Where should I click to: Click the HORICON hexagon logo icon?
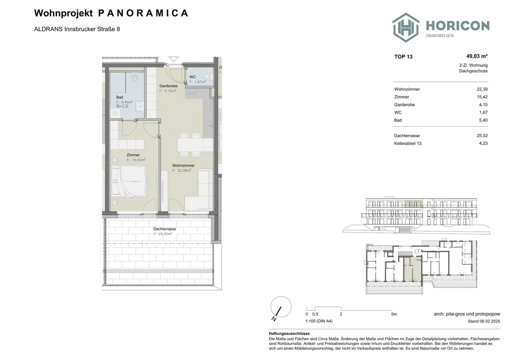pyautogui.click(x=406, y=28)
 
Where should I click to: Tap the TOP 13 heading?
pyautogui.click(x=403, y=57)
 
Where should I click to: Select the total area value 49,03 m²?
pyautogui.click(x=477, y=56)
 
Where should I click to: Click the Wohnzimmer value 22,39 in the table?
pyautogui.click(x=482, y=89)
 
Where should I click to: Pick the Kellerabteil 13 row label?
pyautogui.click(x=408, y=143)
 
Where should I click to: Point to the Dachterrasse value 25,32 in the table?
pyautogui.click(x=482, y=136)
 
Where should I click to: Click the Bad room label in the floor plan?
pyautogui.click(x=120, y=97)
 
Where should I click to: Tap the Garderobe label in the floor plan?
pyautogui.click(x=168, y=86)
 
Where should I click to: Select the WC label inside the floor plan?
pyautogui.click(x=193, y=77)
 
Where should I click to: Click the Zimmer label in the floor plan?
pyautogui.click(x=133, y=155)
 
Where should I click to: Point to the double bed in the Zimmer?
pyautogui.click(x=129, y=181)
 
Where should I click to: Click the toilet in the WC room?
pyautogui.click(x=208, y=76)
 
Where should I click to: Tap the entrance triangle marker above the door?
pyautogui.click(x=173, y=59)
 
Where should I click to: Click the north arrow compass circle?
pyautogui.click(x=281, y=307)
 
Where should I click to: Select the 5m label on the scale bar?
pyautogui.click(x=394, y=314)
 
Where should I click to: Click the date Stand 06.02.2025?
pyautogui.click(x=484, y=321)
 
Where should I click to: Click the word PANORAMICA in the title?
pyautogui.click(x=143, y=13)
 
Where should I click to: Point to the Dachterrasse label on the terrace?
pyautogui.click(x=165, y=229)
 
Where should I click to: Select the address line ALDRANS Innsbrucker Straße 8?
pyautogui.click(x=77, y=29)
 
